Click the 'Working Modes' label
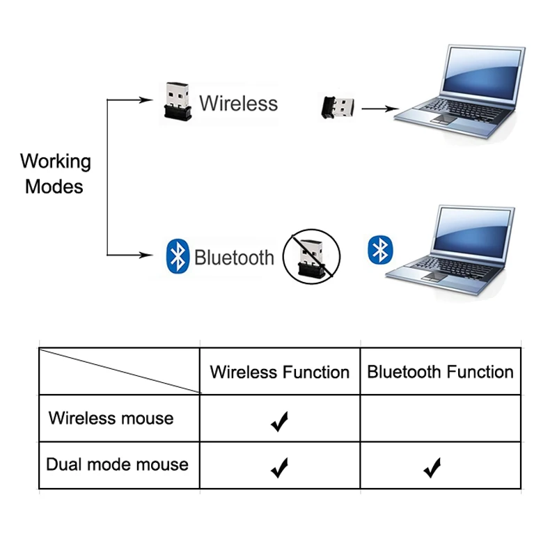click(55, 174)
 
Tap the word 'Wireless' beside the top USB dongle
click(238, 103)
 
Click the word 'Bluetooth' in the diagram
click(234, 258)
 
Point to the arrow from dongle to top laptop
click(379, 109)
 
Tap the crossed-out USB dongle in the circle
click(311, 256)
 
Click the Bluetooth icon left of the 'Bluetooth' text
click(178, 257)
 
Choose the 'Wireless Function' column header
click(279, 372)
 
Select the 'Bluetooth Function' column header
click(440, 372)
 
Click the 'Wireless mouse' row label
click(111, 418)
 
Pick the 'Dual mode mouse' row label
click(117, 464)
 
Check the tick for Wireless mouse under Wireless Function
click(279, 421)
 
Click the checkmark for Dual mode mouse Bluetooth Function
click(432, 468)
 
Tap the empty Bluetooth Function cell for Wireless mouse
click(440, 418)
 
